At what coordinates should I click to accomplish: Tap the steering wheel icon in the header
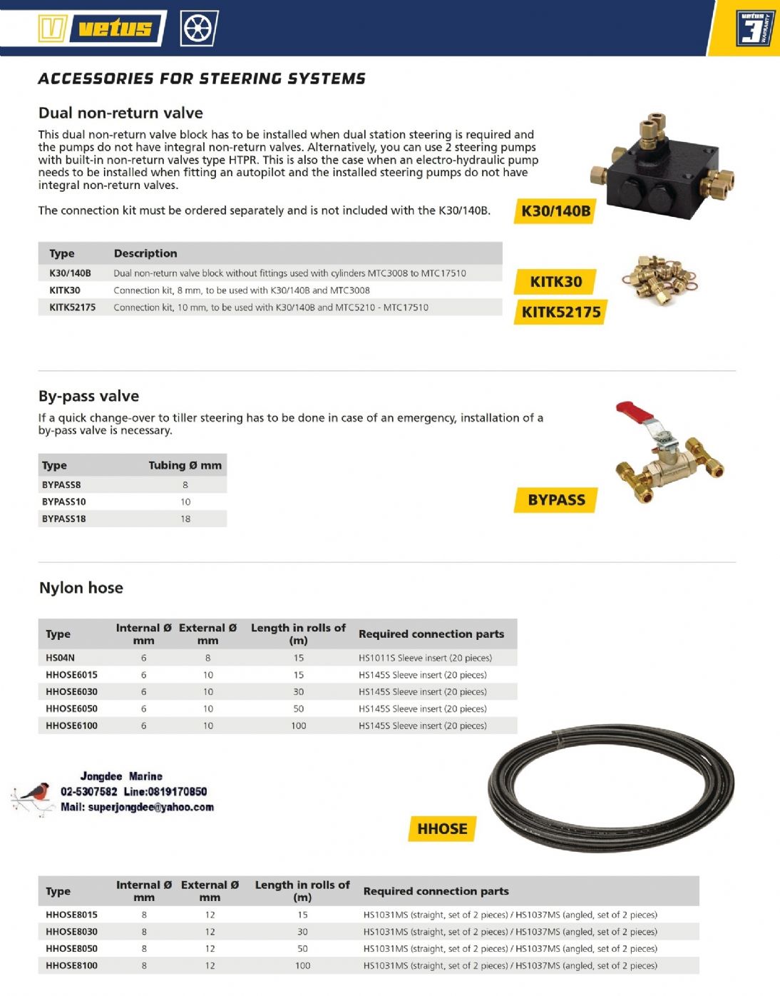click(199, 29)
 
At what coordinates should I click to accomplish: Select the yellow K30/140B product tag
click(555, 210)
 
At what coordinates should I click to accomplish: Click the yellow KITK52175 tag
click(560, 312)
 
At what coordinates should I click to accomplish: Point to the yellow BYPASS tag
click(556, 500)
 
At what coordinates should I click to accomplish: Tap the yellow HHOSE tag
click(442, 829)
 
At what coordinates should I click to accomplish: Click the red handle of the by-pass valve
click(635, 412)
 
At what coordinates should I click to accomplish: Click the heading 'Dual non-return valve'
click(120, 113)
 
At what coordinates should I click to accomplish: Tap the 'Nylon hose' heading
click(81, 588)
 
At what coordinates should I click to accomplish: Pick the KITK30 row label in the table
click(65, 290)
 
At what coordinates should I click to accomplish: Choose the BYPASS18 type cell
click(63, 519)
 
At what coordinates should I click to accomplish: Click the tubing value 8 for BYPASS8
click(185, 484)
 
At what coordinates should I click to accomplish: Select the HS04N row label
click(60, 658)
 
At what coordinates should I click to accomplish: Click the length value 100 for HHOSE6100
click(298, 726)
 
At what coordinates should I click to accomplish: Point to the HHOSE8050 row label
click(71, 949)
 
